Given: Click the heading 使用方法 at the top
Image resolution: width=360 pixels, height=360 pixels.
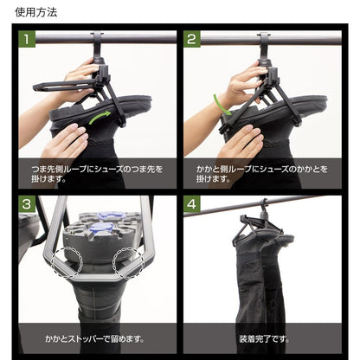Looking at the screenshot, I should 37,12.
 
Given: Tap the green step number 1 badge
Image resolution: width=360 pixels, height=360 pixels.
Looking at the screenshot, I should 28,39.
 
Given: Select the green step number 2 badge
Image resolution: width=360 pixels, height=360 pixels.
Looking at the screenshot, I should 192,39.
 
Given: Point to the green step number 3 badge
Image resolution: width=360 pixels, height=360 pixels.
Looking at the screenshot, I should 28,204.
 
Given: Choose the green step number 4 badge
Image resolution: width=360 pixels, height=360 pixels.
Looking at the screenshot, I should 192,204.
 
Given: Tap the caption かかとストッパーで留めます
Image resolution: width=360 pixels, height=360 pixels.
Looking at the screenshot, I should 93,338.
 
